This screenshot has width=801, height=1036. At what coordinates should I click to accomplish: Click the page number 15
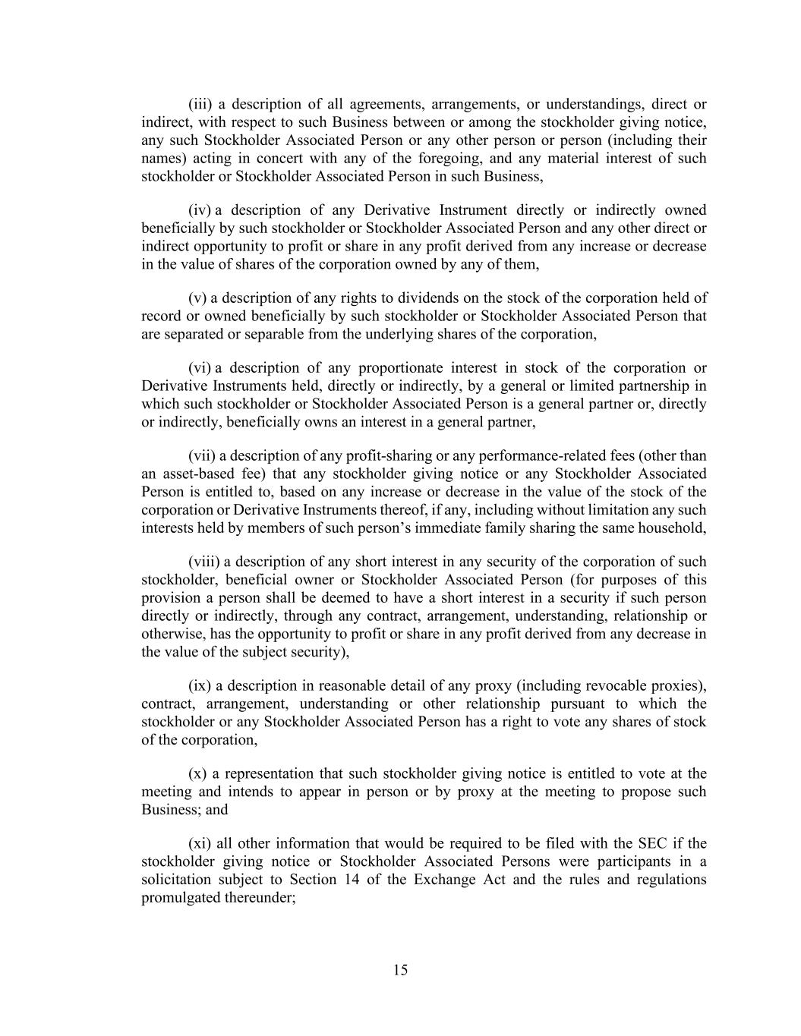click(x=401, y=970)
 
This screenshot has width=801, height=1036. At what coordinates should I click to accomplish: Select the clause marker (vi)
click(x=200, y=368)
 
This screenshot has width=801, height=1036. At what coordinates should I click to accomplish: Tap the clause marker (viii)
click(x=204, y=562)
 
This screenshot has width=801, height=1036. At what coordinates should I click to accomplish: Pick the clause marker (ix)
click(x=200, y=686)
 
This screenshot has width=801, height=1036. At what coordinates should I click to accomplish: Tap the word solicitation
click(x=176, y=880)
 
